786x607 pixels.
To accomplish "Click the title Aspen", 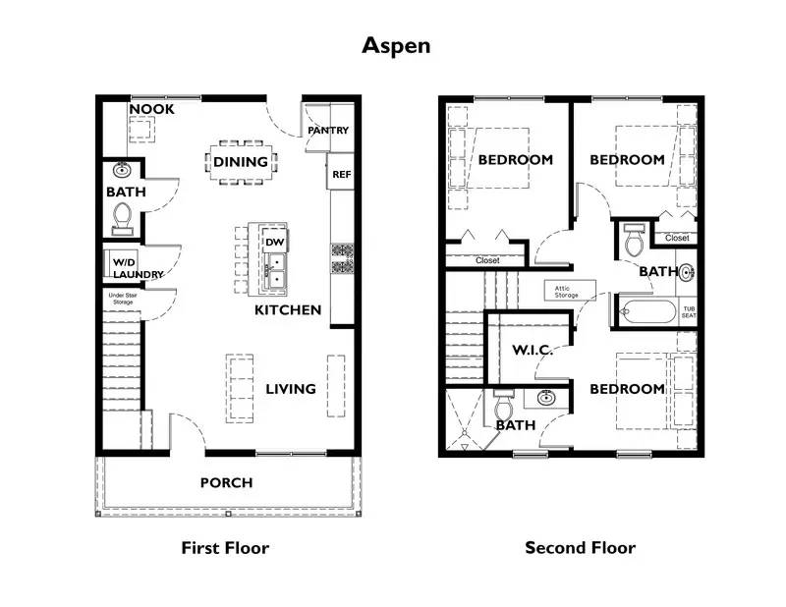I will click(396, 45).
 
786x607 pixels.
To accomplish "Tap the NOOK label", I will click(152, 109).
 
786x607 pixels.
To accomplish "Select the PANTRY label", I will click(328, 131).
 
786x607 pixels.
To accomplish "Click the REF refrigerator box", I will click(341, 174).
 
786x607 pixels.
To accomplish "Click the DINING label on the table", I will click(241, 162).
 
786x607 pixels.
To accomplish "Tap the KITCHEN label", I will click(288, 310).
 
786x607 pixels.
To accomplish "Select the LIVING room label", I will click(291, 389).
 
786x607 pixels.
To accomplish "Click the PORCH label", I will click(226, 482).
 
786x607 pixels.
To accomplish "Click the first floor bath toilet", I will click(123, 216).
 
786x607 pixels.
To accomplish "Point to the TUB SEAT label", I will click(689, 311).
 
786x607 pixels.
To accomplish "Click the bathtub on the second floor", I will click(646, 312).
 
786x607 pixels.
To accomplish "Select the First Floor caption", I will click(225, 548).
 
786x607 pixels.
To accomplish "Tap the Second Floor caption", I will click(580, 548).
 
